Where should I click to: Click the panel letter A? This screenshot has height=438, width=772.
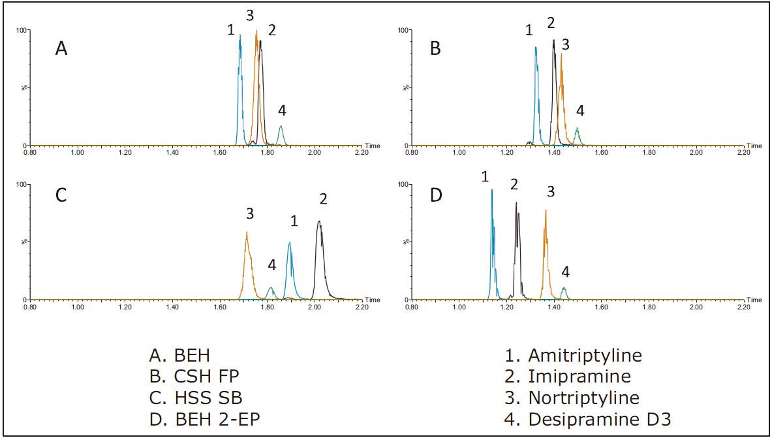click(x=61, y=48)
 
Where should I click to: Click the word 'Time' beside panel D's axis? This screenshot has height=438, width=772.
click(x=754, y=300)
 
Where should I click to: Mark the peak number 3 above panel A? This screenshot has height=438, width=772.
click(x=250, y=14)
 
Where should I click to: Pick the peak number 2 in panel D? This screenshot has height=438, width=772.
click(x=514, y=185)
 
